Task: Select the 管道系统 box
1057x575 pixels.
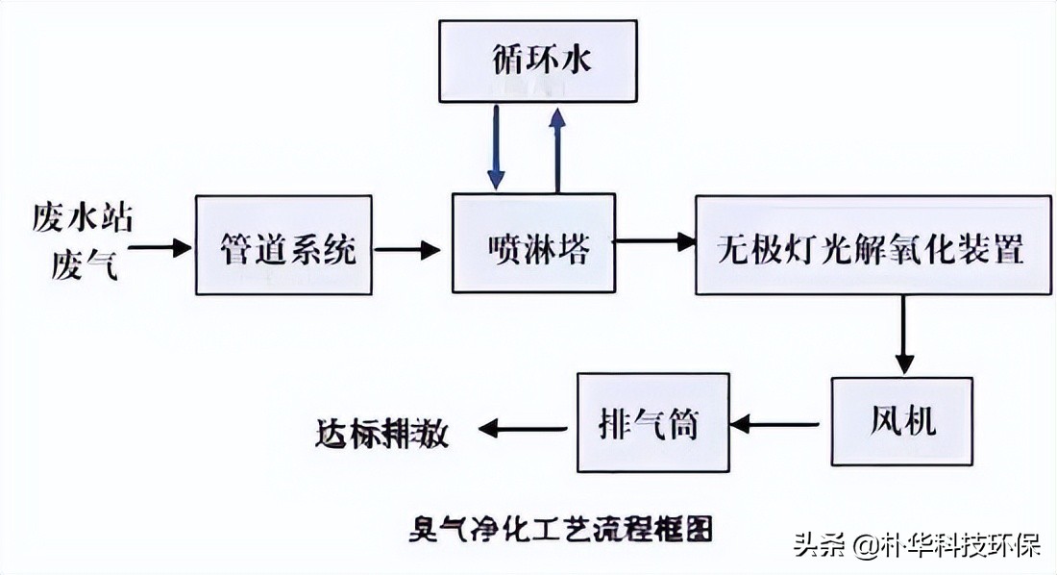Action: tap(284, 245)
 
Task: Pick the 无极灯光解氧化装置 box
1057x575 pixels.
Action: tap(873, 245)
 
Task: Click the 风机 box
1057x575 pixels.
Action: tap(897, 422)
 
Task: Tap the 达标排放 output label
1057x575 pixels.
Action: tap(382, 433)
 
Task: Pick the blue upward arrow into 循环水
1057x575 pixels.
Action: tap(555, 149)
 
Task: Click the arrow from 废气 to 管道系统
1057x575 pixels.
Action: tap(160, 248)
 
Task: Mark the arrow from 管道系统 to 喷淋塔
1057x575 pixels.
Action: tap(407, 250)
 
